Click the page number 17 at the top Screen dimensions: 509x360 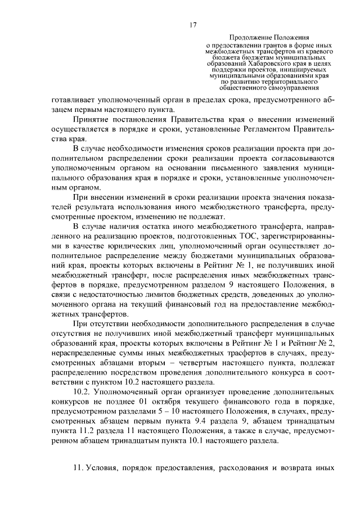pos(192,25)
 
